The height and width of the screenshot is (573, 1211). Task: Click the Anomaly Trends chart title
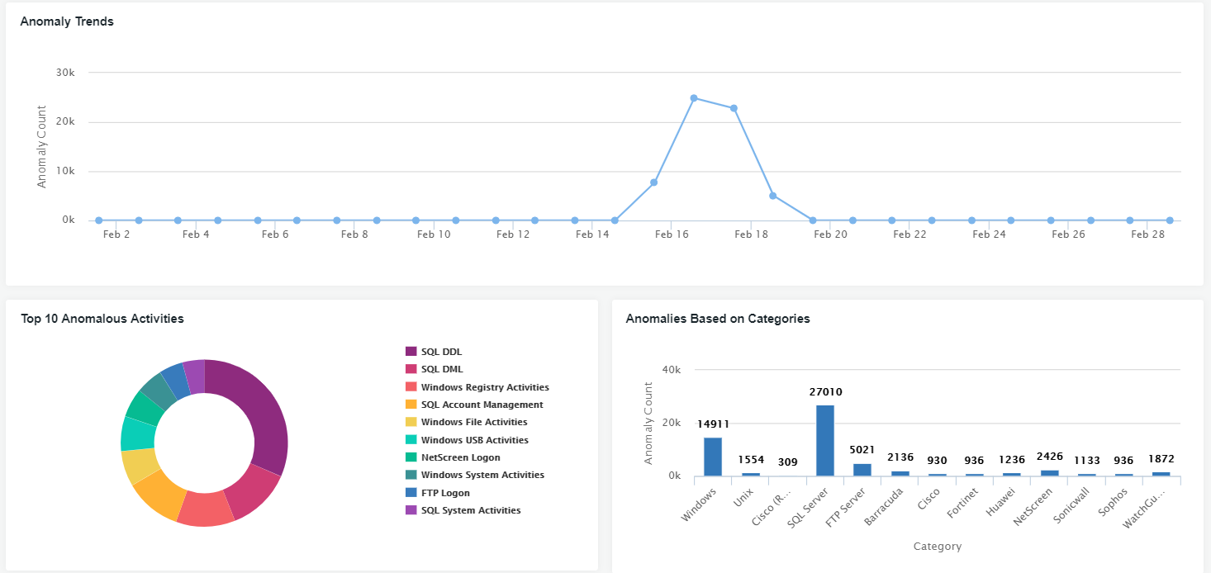[67, 21]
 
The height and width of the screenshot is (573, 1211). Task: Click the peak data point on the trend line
[694, 98]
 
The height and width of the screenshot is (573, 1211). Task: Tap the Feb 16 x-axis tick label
[672, 234]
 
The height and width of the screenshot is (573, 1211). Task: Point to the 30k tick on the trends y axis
[65, 73]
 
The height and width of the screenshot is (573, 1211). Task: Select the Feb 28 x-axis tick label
[1147, 234]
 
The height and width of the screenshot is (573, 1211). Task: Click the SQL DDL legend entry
[441, 352]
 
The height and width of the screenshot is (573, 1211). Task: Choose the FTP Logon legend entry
[445, 493]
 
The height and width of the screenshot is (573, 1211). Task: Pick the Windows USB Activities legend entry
[474, 440]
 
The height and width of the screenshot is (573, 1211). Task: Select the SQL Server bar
[824, 440]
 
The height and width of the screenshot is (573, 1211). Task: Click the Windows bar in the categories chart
[713, 457]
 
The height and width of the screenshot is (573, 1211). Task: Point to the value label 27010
[825, 392]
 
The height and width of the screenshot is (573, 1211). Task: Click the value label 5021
[862, 450]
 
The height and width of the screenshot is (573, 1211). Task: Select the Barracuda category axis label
[882, 505]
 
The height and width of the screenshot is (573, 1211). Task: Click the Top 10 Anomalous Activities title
[102, 319]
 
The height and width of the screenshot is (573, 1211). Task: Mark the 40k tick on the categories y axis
[672, 369]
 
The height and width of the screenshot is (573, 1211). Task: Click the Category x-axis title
[938, 547]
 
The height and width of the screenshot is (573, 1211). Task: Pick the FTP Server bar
[862, 470]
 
